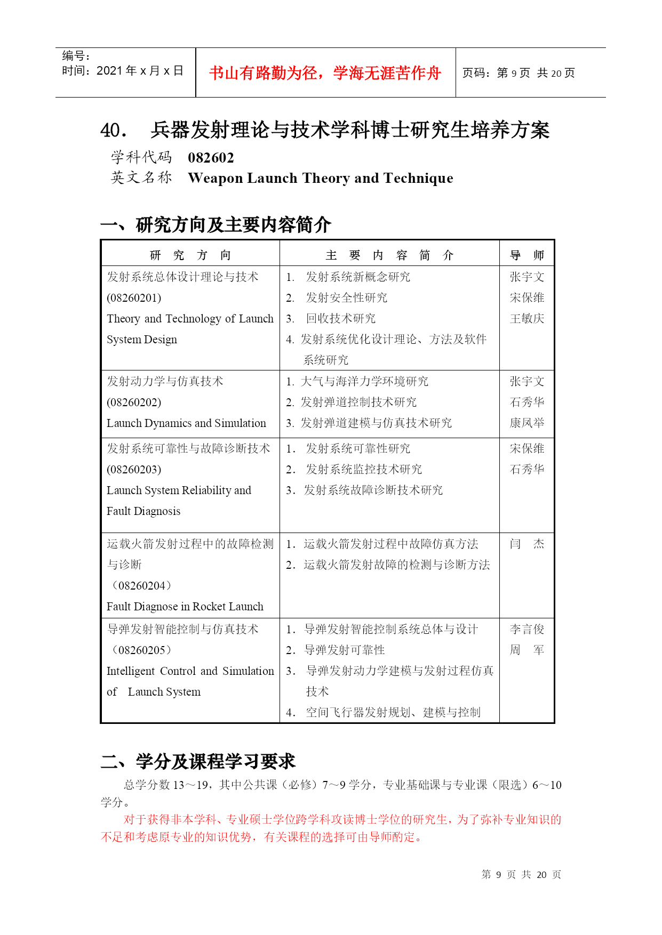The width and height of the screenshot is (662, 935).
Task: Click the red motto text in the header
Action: [325, 73]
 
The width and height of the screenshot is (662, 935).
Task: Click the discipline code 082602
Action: [211, 158]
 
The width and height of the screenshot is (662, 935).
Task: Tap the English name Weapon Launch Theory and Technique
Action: [320, 178]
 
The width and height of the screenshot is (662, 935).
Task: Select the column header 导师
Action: [527, 255]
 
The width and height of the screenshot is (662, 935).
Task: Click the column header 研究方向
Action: [190, 255]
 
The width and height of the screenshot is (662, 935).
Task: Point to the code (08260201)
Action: [134, 298]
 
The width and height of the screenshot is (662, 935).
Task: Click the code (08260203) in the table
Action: [134, 470]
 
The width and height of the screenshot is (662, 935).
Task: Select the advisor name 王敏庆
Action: [527, 319]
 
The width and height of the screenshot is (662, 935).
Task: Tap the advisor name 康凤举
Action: [527, 423]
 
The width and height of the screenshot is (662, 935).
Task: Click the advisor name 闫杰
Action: [527, 544]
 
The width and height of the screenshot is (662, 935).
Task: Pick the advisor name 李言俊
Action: [527, 630]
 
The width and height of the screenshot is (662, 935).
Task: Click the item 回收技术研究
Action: [340, 319]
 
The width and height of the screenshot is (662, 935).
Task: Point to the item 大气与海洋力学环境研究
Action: [364, 382]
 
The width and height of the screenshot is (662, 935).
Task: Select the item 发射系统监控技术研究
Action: [363, 470]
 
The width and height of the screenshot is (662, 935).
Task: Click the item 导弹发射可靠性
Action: [344, 650]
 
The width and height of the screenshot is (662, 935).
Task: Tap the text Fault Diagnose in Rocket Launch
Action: [185, 607]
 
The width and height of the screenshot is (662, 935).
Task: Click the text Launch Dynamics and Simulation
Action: [186, 423]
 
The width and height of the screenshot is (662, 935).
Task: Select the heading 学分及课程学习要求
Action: [215, 761]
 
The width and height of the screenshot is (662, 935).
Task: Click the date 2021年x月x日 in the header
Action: [140, 71]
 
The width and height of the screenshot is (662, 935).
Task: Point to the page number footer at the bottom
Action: [521, 875]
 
